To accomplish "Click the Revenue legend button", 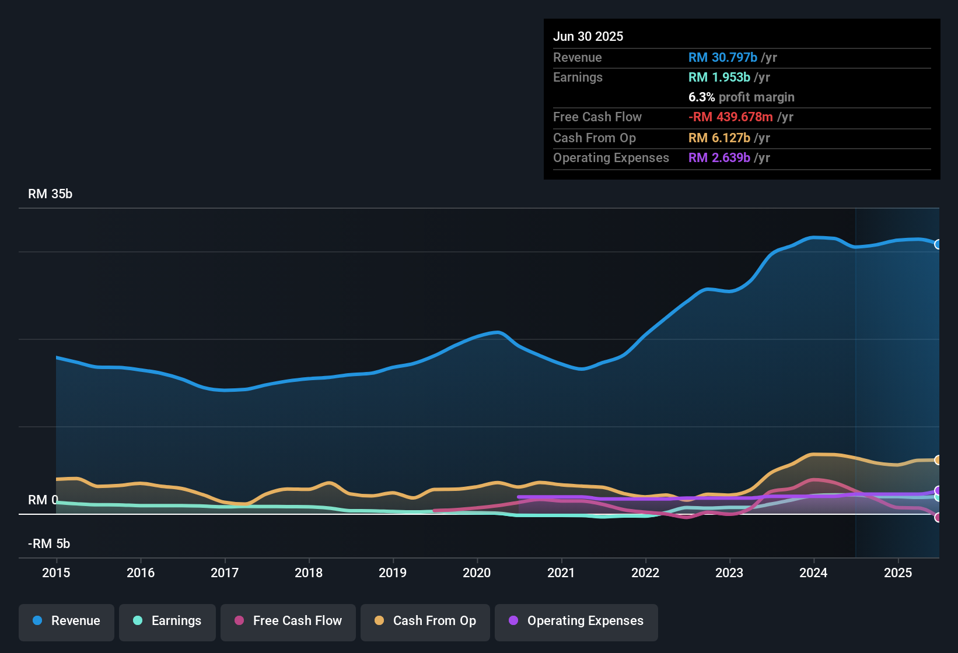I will click(x=67, y=622).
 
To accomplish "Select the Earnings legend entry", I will click(x=167, y=622).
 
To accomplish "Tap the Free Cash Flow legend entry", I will click(x=288, y=622).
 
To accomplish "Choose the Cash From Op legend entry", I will click(x=425, y=622).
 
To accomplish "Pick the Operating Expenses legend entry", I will click(x=576, y=622).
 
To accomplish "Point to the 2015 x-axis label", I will click(x=56, y=573).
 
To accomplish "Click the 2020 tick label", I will click(x=477, y=573).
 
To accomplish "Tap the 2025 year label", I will click(x=897, y=573).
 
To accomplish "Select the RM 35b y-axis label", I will click(x=50, y=194).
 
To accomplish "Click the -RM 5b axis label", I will click(x=49, y=544).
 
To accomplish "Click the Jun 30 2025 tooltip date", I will click(x=588, y=37).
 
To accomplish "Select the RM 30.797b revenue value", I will click(x=722, y=58).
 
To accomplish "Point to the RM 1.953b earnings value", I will click(x=719, y=78).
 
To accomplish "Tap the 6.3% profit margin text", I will click(x=741, y=97).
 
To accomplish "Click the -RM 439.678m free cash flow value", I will click(x=730, y=117).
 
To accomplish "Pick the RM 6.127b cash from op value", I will click(x=719, y=138).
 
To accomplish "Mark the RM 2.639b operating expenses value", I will click(x=719, y=158).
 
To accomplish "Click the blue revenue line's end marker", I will click(x=938, y=244).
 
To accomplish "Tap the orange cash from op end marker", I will click(x=938, y=460).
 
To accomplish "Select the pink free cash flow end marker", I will click(x=938, y=517).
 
